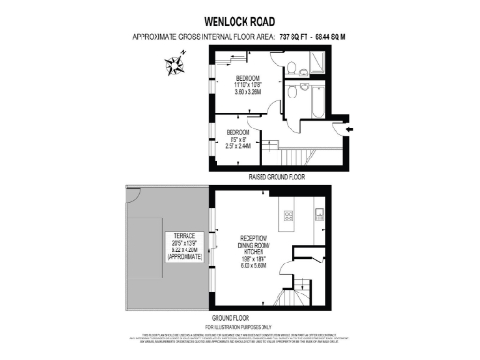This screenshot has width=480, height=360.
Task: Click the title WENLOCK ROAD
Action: coord(239,18)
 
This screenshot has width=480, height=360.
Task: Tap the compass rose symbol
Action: coord(174,65)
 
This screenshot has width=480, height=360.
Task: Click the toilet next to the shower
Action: coord(292,66)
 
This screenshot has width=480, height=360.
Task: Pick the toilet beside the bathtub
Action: coord(292,93)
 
